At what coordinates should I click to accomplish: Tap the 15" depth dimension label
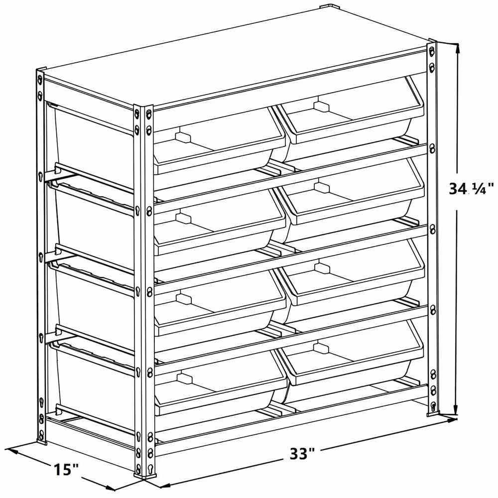(x=66, y=469)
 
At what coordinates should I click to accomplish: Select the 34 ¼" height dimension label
(x=471, y=189)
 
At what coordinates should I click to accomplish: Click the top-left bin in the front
(x=219, y=140)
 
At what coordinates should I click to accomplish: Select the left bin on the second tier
(x=219, y=222)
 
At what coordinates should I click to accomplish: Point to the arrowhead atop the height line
(x=457, y=49)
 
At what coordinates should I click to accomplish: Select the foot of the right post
(x=432, y=413)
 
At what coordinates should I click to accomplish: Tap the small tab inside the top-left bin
(x=183, y=137)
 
